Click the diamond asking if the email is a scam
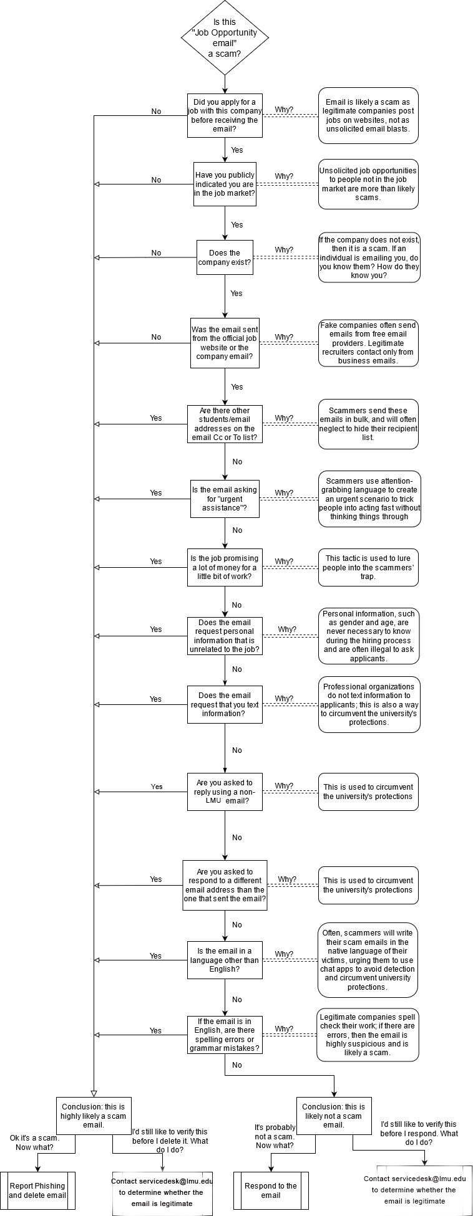pos(225,38)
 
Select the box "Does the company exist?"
pos(225,257)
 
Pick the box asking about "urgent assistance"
pos(225,499)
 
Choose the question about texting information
pos(225,704)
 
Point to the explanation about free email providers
pos(368,343)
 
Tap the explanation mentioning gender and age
pos(368,636)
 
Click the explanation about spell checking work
pos(368,1035)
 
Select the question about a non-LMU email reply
pos(225,792)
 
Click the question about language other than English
pos(225,960)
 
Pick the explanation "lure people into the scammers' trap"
pos(368,567)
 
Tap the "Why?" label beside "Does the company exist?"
pos(284,250)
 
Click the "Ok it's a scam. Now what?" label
pos(35,1142)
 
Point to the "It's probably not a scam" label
pos(275,1136)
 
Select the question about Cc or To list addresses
pos(225,424)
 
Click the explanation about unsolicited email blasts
pos(368,115)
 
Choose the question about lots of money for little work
pos(225,567)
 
